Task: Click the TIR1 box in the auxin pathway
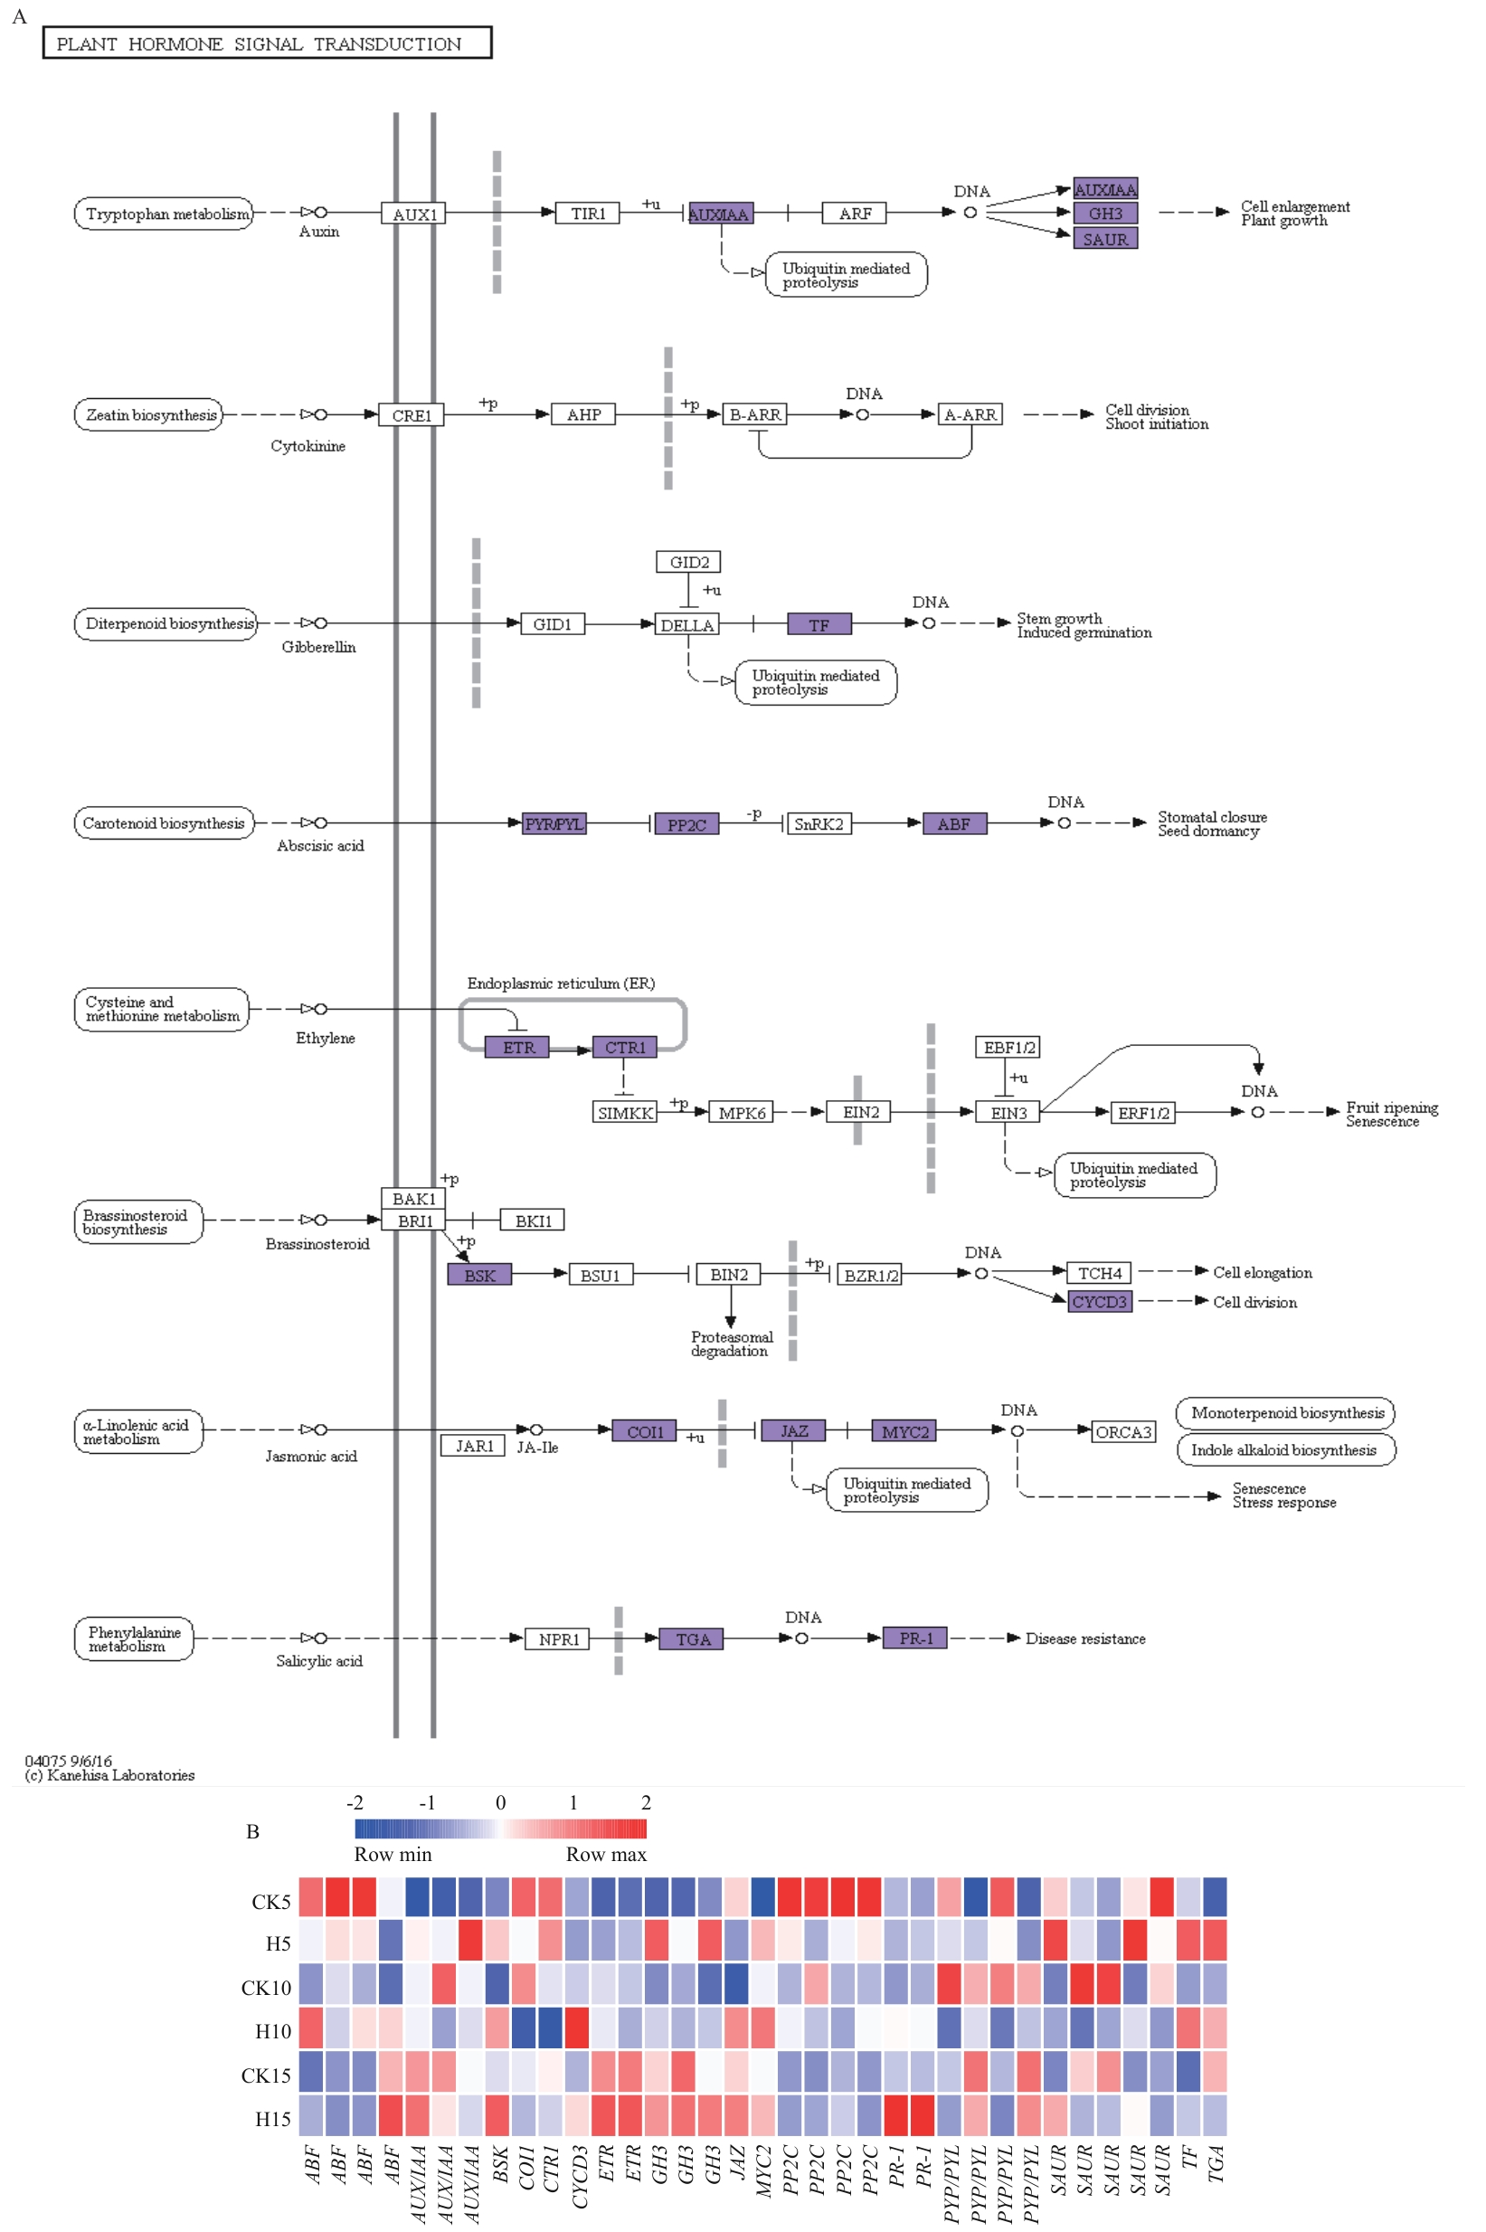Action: [588, 214]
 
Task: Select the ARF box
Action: [854, 214]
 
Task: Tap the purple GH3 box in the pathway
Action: [1105, 214]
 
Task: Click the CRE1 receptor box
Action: [412, 415]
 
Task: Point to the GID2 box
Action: [688, 562]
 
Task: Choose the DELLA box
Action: [687, 624]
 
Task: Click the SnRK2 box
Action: [819, 823]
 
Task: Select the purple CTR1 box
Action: [625, 1048]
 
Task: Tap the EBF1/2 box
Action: [1008, 1048]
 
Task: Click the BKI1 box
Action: [533, 1220]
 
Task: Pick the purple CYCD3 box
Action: [1099, 1301]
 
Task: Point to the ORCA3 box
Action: [1124, 1432]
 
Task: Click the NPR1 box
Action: [558, 1638]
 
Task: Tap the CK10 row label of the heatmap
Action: [266, 1988]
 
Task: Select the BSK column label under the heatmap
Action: [500, 2166]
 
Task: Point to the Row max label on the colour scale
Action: [606, 1854]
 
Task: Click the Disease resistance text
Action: [1085, 1638]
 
